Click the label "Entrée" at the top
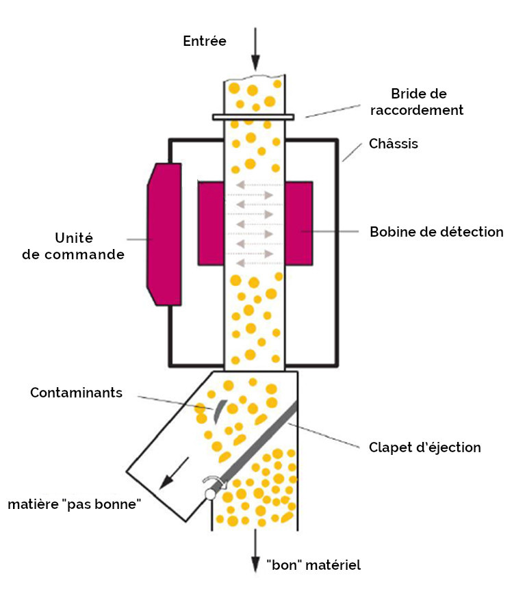[x=205, y=41]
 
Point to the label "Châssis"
[x=393, y=144]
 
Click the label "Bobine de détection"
[x=436, y=232]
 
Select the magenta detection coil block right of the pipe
[x=299, y=223]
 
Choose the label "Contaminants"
[x=76, y=393]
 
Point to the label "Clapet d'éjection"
[x=424, y=447]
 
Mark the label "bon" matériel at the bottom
[x=313, y=565]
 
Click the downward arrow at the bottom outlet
[x=255, y=547]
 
